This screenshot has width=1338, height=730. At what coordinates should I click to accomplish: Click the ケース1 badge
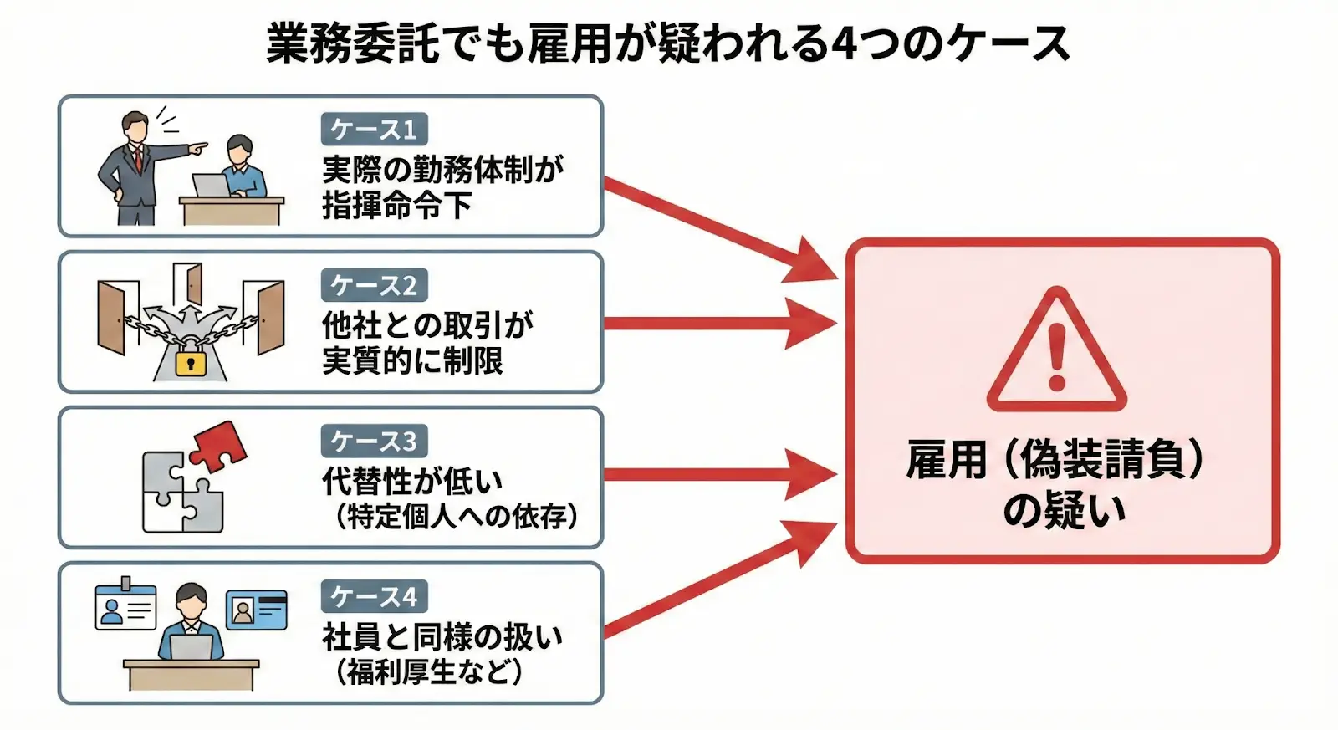(x=374, y=130)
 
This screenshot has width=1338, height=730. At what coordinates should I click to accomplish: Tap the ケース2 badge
(x=374, y=285)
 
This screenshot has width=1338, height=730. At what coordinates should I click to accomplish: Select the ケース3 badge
(x=374, y=441)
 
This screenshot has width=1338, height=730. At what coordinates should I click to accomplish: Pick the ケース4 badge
(x=374, y=596)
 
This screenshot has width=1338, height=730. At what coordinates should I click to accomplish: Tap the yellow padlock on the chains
(x=191, y=361)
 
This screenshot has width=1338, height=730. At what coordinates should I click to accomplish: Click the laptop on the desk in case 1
(x=211, y=186)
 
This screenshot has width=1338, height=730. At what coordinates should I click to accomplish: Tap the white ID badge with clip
(x=125, y=606)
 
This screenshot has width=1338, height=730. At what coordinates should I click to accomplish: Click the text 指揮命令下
(x=397, y=206)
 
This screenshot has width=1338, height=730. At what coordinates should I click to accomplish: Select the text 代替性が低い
(x=412, y=481)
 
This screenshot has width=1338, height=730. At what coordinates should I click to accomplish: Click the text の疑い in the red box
(x=1064, y=510)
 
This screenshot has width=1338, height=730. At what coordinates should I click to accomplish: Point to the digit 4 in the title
(x=845, y=44)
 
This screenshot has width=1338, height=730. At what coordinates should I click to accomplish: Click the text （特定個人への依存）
(x=457, y=516)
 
